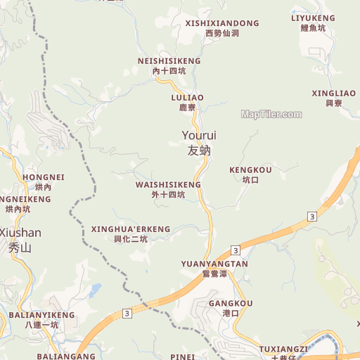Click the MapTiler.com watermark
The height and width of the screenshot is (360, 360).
271,114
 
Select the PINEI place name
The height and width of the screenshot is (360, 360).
183,356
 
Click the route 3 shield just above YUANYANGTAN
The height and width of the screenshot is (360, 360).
235,250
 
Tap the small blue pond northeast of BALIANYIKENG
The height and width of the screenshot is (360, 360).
95,289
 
